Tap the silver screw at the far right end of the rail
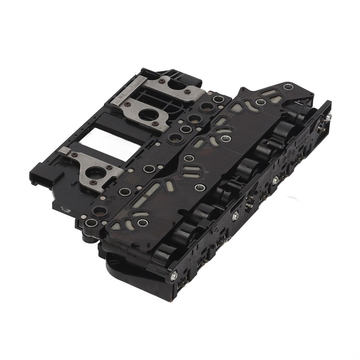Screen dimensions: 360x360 tap(328, 117)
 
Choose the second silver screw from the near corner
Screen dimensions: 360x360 tap(235, 216)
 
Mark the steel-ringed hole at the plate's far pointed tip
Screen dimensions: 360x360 tap(288, 87)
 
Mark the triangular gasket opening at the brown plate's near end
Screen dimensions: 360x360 tap(116, 225)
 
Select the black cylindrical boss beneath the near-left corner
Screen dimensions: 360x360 tap(88, 236)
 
